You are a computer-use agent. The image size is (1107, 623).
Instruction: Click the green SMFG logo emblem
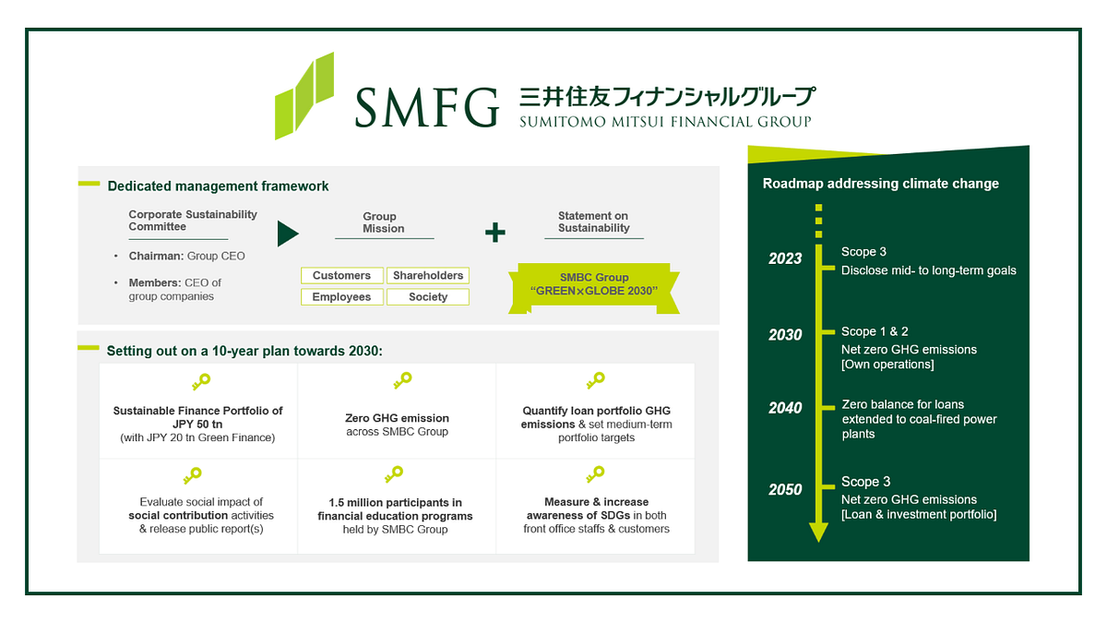click(x=304, y=96)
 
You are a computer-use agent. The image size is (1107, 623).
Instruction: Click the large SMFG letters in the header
click(x=426, y=107)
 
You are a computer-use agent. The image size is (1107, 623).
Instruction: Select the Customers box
click(x=341, y=275)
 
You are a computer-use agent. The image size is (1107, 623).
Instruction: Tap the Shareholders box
click(x=427, y=275)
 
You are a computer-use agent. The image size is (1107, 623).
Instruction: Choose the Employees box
click(x=341, y=296)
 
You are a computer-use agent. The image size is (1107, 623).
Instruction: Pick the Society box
click(x=427, y=296)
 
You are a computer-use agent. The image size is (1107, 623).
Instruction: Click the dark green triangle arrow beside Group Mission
click(x=288, y=234)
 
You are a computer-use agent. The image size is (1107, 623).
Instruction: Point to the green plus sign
click(x=495, y=233)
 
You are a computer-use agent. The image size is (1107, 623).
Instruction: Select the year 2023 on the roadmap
click(x=785, y=259)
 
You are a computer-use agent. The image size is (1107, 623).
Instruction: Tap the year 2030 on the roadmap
click(x=785, y=335)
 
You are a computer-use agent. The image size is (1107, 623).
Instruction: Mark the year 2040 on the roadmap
click(x=785, y=408)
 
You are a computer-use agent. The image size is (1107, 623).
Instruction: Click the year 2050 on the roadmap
click(x=785, y=489)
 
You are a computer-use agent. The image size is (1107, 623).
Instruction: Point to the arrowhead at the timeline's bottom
click(x=818, y=532)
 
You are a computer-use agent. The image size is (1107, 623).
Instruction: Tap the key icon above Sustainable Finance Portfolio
click(x=198, y=380)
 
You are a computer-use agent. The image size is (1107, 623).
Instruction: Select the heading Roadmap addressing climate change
click(x=880, y=184)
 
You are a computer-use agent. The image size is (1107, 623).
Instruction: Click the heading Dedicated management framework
click(x=218, y=186)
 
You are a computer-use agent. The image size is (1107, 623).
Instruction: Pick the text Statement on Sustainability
click(x=593, y=222)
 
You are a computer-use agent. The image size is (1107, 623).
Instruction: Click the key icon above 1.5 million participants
click(x=394, y=475)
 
